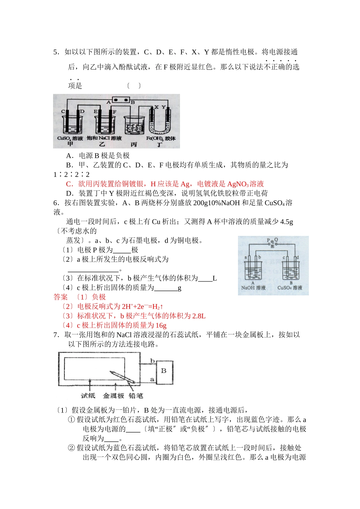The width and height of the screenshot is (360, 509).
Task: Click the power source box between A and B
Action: pos(121,101)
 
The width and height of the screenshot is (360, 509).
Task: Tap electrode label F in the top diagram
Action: pos(114,112)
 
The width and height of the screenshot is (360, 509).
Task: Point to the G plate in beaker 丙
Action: pos(130,128)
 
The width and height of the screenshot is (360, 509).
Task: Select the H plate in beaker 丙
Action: pos(139,128)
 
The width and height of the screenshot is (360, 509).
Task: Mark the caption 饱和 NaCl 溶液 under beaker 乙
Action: pos(104,139)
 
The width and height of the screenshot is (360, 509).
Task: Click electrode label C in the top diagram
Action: pos(63,112)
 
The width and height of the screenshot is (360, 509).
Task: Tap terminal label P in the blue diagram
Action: pos(268,240)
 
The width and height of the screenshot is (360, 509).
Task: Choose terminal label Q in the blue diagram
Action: pos(276,240)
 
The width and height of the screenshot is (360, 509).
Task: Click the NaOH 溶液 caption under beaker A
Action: pos(253,288)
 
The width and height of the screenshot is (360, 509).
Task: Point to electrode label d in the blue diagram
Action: pos(297,258)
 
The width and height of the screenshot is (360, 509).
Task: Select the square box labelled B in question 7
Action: pos(164,371)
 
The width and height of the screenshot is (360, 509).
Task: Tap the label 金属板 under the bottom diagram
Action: pos(113,396)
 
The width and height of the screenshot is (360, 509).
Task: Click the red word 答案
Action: pos(61,297)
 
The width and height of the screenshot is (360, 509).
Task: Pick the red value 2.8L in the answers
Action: pos(198,316)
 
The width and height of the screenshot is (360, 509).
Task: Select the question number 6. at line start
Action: pos(56,203)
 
